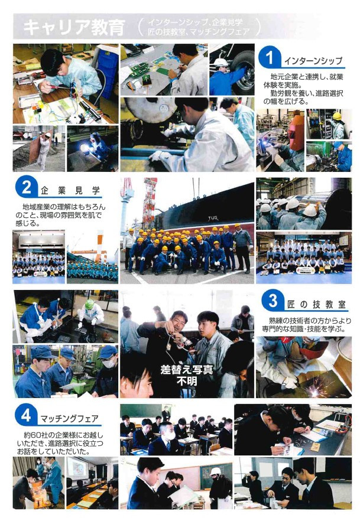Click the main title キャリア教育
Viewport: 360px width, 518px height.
(x=74, y=27)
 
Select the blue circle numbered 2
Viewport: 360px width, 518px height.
(x=27, y=188)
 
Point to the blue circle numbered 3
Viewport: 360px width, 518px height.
(x=273, y=301)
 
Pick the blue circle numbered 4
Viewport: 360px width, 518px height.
(x=26, y=415)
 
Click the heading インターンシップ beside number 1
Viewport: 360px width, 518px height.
(x=313, y=61)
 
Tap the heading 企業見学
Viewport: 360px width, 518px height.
(x=70, y=190)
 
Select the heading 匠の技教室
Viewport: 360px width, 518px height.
(x=316, y=304)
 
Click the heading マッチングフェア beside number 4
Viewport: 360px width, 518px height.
(x=69, y=419)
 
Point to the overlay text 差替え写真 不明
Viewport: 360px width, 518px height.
(x=187, y=375)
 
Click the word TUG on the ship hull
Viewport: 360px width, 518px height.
(x=213, y=219)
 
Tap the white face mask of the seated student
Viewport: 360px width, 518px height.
(x=170, y=435)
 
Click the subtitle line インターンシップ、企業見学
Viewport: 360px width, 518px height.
(x=195, y=22)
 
